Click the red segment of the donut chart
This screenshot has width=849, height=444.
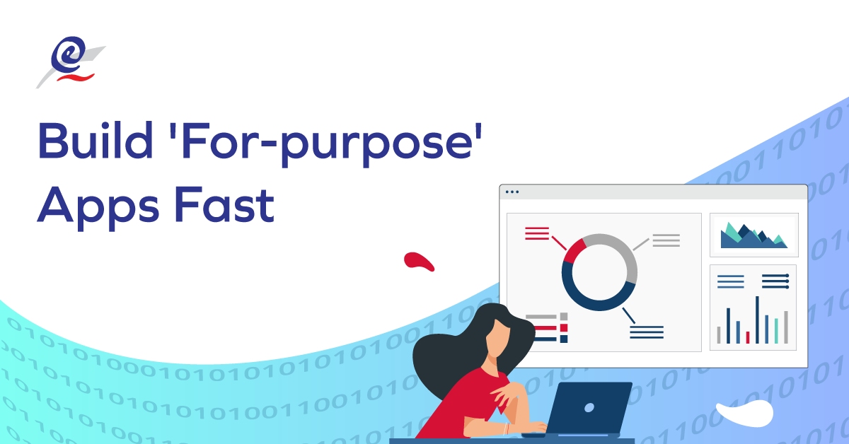click(574, 251)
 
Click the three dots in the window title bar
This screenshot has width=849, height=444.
click(512, 192)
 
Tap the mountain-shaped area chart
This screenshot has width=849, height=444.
click(753, 236)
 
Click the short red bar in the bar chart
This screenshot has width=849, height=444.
click(748, 337)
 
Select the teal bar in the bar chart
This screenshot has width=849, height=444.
click(776, 330)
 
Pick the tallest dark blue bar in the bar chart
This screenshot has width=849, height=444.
click(757, 320)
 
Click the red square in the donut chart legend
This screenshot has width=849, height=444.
click(564, 328)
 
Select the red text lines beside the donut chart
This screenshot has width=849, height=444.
click(537, 233)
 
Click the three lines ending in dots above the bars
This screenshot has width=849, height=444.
click(775, 281)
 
